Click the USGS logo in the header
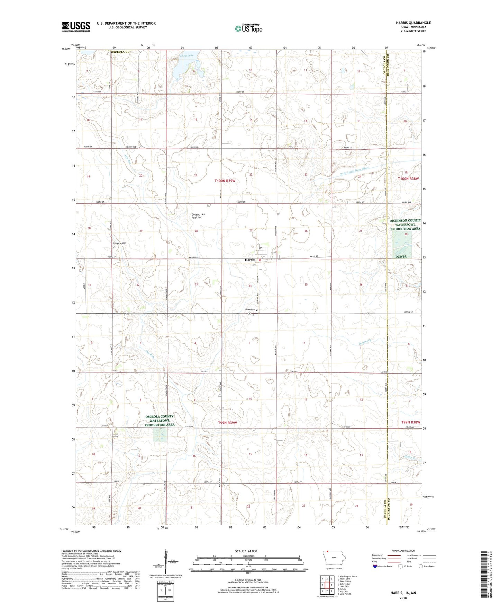[x=76, y=27]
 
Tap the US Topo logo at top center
[x=248, y=29]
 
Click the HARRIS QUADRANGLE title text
[x=413, y=23]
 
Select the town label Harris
[x=250, y=260]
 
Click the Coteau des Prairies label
[x=198, y=216]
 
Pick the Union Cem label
[x=250, y=309]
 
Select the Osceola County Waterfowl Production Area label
[x=160, y=420]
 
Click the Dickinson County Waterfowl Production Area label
[x=405, y=225]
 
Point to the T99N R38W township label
[x=411, y=422]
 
